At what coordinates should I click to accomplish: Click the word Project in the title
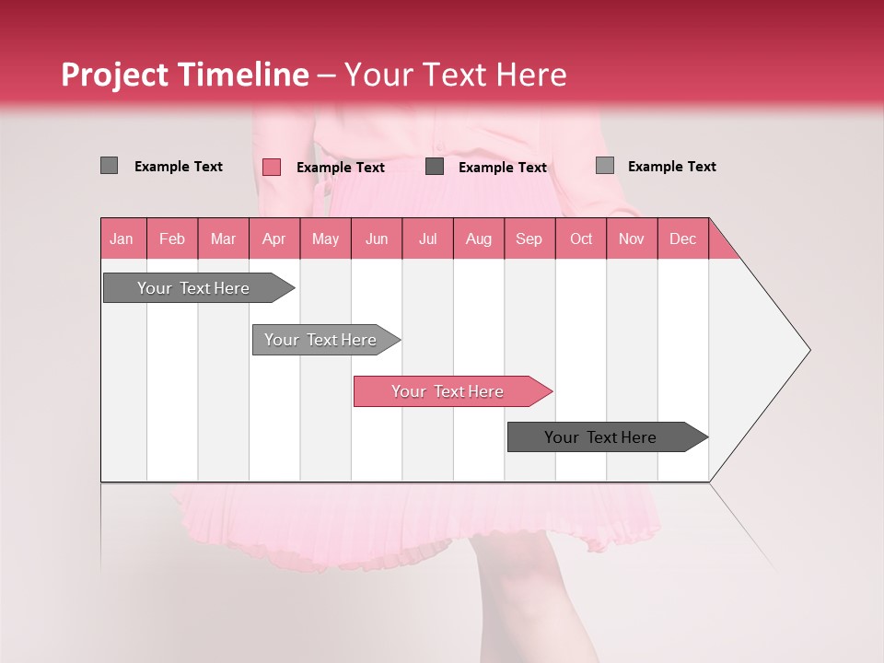point(115,75)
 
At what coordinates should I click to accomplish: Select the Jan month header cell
point(122,238)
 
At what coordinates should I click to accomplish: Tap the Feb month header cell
point(172,238)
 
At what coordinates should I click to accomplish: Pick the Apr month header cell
point(274,238)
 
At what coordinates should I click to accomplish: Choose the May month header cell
point(325,238)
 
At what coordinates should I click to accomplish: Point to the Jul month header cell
point(427,238)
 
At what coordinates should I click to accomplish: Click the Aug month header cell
point(479,238)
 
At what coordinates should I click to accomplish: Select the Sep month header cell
point(529,238)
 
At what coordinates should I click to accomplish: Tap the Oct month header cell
point(581,238)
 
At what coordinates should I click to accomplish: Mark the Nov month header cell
point(632,238)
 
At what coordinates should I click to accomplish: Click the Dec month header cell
point(683,238)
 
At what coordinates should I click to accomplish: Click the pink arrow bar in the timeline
point(449,391)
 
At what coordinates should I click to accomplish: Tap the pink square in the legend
point(272,167)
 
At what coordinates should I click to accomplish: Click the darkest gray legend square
point(435,167)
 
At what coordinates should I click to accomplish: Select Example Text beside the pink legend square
point(341,168)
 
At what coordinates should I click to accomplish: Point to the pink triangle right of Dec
point(721,246)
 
